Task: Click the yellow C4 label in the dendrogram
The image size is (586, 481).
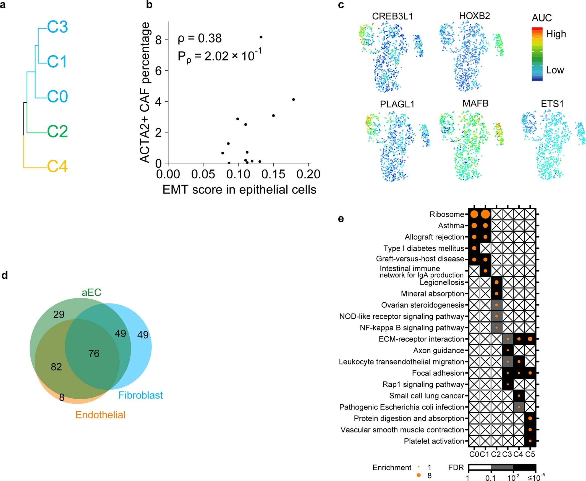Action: [57, 166]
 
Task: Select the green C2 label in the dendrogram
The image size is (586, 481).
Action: [57, 131]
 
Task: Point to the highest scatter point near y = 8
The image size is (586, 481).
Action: [261, 37]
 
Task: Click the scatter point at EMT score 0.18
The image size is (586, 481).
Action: [294, 99]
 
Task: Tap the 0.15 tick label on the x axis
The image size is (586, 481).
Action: [273, 174]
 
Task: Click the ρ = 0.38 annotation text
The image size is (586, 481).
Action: [200, 38]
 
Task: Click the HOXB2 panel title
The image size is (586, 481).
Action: [475, 15]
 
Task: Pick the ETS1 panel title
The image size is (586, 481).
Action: [552, 104]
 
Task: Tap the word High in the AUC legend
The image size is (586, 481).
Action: [556, 34]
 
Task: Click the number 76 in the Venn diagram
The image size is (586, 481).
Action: [94, 353]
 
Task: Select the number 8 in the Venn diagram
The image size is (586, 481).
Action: [62, 398]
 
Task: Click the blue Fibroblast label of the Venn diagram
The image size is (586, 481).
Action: [141, 395]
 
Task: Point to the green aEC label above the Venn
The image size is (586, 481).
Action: [91, 292]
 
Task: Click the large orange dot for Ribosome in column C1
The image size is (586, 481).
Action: [485, 214]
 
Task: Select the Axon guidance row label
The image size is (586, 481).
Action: [438, 350]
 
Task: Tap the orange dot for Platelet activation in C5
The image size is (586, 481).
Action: [530, 441]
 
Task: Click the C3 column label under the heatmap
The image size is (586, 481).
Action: [507, 454]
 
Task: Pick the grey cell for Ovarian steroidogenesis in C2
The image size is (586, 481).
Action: [496, 305]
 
